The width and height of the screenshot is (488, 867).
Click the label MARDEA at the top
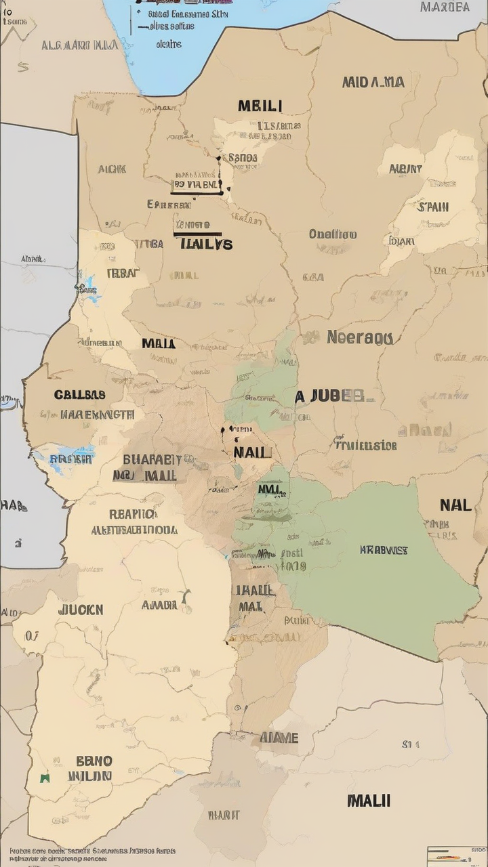tap(445, 7)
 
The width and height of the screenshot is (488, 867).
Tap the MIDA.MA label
tap(373, 82)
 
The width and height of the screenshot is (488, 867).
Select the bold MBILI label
tap(260, 106)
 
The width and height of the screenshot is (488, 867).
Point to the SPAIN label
tap(432, 207)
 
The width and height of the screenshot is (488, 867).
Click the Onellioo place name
tap(332, 234)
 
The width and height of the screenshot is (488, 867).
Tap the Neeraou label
tap(359, 337)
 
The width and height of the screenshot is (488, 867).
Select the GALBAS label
tap(79, 394)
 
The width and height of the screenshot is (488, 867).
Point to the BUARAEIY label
tap(152, 459)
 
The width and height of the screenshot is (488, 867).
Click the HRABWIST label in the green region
tap(384, 550)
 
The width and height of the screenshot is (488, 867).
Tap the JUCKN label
tap(81, 610)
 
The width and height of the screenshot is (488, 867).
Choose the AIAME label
tap(279, 737)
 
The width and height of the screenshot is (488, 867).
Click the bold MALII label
tap(369, 800)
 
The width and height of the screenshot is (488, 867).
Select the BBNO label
tap(94, 761)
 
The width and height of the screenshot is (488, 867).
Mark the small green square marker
tap(45, 778)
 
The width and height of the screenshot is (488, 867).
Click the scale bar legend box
tap(456, 855)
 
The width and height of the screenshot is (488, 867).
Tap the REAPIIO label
tap(134, 513)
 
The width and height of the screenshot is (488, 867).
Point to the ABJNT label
tap(405, 169)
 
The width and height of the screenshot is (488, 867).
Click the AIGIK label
tap(111, 169)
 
